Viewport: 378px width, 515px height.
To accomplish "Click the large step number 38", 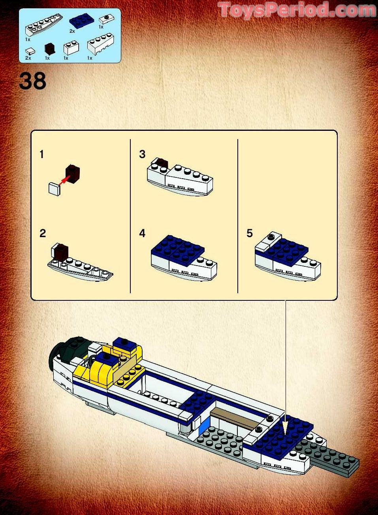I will pos(33,81).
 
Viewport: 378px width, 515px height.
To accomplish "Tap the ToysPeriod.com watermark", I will pos(297,10).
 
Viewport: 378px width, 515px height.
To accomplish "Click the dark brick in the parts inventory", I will pos(49,49).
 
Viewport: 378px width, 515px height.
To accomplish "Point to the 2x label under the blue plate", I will pos(72,31).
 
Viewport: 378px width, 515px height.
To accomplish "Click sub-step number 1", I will pos(42,155).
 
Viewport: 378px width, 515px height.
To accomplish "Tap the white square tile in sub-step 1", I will pos(54,189).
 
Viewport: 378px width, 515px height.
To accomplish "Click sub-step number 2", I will pos(43,233).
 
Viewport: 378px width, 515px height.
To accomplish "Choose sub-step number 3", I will pos(142,154).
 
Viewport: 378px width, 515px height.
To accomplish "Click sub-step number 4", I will pos(142,233).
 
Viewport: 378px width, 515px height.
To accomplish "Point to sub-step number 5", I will pos(249,233).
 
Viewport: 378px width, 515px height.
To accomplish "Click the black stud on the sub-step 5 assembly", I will pos(271,237).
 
